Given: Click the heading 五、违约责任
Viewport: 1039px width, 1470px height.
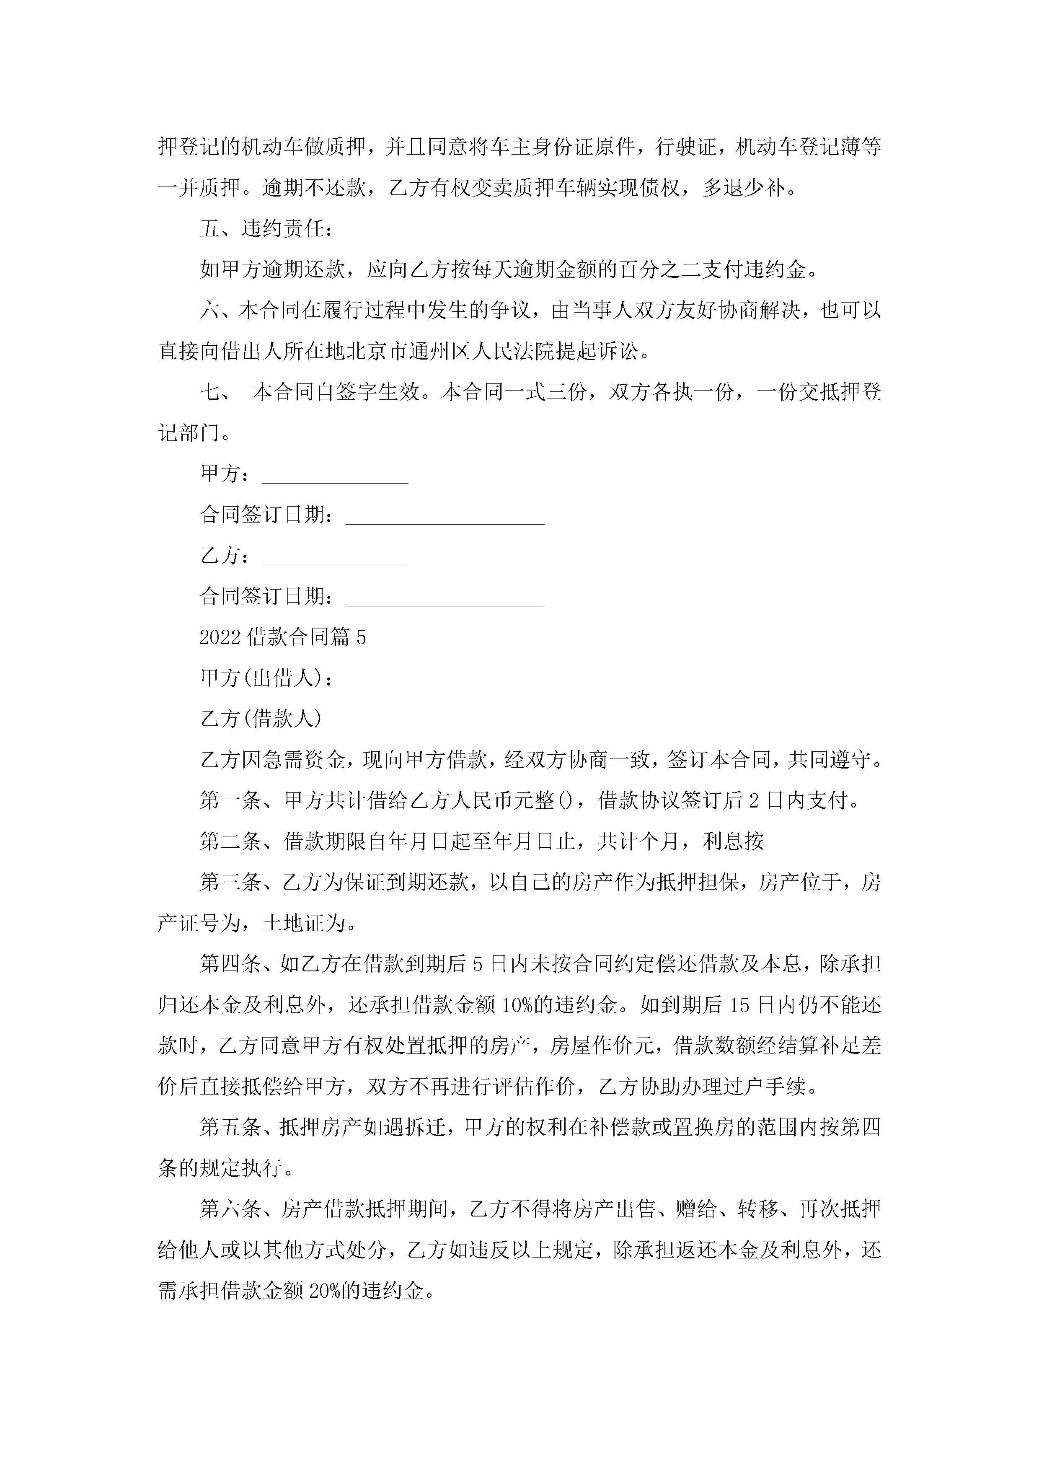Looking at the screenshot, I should (266, 228).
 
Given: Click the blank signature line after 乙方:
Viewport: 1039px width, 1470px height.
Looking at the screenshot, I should (335, 557).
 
